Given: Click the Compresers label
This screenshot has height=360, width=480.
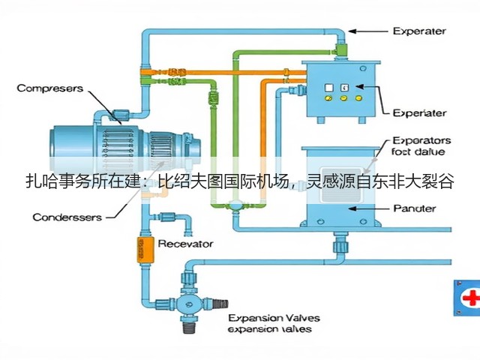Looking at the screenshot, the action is (x=50, y=88).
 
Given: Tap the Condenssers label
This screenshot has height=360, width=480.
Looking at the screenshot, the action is (x=67, y=217).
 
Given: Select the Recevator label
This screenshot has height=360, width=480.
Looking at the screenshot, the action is (x=185, y=244).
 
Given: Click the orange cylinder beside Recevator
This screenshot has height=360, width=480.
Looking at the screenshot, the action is (x=145, y=250).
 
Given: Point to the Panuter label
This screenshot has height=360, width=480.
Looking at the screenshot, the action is (x=415, y=208).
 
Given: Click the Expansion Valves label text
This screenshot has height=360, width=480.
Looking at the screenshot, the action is (x=274, y=318).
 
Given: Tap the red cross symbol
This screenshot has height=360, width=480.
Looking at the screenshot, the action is (x=472, y=298).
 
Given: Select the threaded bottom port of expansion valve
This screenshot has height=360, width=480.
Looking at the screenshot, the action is (x=188, y=327).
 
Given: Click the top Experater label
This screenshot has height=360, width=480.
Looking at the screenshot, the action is (x=419, y=31).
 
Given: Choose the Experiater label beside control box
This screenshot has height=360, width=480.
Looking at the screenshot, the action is (x=419, y=113).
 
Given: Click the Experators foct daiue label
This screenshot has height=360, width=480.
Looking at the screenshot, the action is (x=421, y=146).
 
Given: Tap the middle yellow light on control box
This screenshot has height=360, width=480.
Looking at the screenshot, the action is (x=343, y=98).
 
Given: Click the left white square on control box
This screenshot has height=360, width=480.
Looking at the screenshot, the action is (x=328, y=88).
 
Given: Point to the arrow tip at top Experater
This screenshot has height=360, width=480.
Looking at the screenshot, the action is (x=349, y=31).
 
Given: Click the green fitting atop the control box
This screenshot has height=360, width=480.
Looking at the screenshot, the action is (x=340, y=48).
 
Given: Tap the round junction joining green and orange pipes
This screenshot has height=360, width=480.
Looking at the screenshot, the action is (x=235, y=205).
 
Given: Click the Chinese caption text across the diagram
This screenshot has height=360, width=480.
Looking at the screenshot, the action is (x=240, y=181).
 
